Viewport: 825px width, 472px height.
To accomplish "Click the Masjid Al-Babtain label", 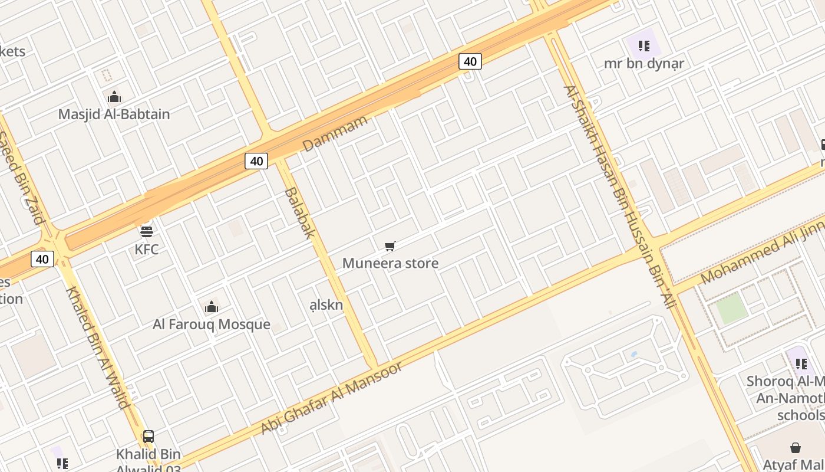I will pyautogui.click(x=114, y=114).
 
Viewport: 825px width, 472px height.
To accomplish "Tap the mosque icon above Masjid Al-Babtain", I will pyautogui.click(x=114, y=97).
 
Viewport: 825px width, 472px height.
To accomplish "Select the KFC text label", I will pyautogui.click(x=146, y=250).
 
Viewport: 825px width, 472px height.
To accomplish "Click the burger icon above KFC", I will pyautogui.click(x=146, y=231).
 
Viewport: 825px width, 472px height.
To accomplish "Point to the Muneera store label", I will pyautogui.click(x=390, y=263).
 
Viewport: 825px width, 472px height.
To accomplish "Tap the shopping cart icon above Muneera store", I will pyautogui.click(x=390, y=246).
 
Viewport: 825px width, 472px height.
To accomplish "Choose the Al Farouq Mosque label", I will pyautogui.click(x=212, y=324).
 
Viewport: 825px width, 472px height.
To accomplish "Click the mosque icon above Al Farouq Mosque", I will pyautogui.click(x=212, y=307).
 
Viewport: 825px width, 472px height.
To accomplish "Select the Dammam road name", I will pyautogui.click(x=335, y=133).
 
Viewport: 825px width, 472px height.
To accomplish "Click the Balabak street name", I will pyautogui.click(x=300, y=212).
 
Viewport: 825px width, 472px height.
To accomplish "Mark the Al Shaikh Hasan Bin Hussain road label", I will pyautogui.click(x=619, y=198).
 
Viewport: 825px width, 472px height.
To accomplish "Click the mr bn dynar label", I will pyautogui.click(x=643, y=63).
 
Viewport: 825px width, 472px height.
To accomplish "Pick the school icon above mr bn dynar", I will pyautogui.click(x=643, y=45).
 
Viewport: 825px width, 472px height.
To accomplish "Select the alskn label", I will pyautogui.click(x=326, y=305).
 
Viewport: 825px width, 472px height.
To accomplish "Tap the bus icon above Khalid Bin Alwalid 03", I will pyautogui.click(x=148, y=437).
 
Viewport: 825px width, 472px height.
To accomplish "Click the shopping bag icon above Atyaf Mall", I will pyautogui.click(x=796, y=448).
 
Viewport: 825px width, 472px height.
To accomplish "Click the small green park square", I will pyautogui.click(x=732, y=309).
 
